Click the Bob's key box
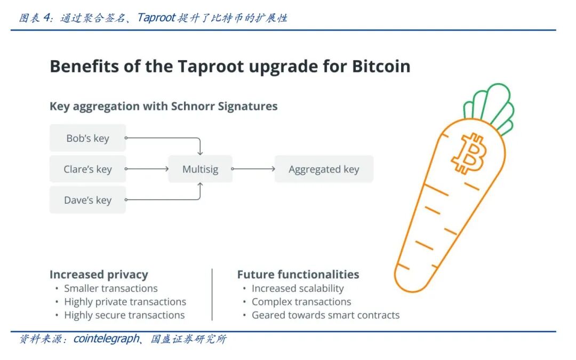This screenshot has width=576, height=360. click(87, 138)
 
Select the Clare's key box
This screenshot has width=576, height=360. click(87, 170)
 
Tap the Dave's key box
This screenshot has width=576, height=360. click(87, 201)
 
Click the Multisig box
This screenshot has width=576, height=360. click(200, 170)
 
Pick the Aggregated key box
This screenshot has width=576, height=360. click(324, 170)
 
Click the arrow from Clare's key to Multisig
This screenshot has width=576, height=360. click(147, 169)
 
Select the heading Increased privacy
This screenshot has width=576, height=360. click(99, 275)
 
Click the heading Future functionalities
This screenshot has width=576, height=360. click(298, 275)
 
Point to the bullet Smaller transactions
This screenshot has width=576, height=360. click(111, 289)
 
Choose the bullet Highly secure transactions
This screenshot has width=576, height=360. click(124, 315)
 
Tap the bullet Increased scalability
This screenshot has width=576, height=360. click(298, 289)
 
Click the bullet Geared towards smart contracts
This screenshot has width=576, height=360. click(325, 315)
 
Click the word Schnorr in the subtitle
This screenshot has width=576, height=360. click(195, 106)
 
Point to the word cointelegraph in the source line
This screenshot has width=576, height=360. click(106, 339)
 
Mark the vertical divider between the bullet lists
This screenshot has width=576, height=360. click(212, 294)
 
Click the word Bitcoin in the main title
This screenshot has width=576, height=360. click(381, 67)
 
